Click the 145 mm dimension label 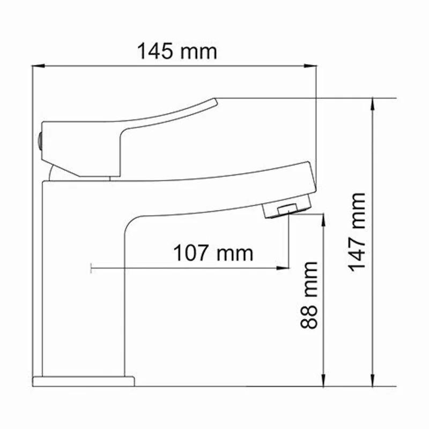[177, 52]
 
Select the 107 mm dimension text [212, 253]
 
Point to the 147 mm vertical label [357, 232]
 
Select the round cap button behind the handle [39, 141]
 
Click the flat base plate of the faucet [83, 381]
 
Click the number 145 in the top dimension [156, 52]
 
